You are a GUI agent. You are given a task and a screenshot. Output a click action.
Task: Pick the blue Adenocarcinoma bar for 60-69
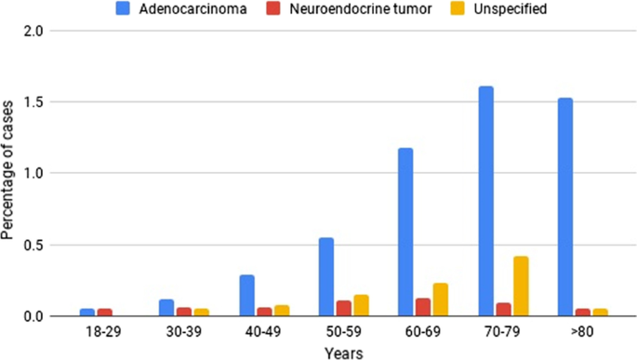[x=405, y=233]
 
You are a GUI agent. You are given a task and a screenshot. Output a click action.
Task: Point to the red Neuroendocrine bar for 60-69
[x=423, y=308]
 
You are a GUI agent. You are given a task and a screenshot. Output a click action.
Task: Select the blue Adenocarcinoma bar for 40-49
[x=246, y=296]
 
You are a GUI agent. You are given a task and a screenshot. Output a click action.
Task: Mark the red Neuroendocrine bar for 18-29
[x=105, y=313]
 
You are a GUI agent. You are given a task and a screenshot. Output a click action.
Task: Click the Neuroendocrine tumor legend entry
[x=372, y=10]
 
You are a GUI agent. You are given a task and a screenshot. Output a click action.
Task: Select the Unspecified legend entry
[x=509, y=10]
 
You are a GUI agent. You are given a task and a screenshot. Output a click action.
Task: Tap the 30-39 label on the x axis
[x=167, y=331]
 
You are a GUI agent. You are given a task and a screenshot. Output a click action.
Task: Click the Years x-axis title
[x=343, y=352]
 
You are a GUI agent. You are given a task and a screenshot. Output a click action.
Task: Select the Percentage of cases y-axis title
[x=8, y=173]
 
